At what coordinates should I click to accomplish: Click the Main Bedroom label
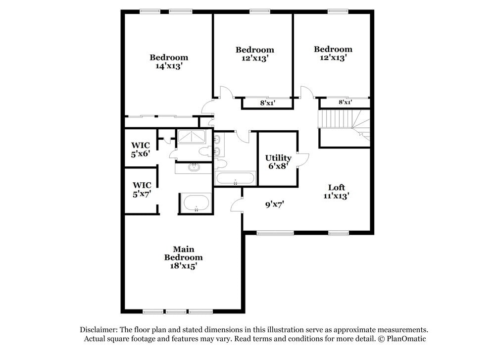pyautogui.click(x=183, y=253)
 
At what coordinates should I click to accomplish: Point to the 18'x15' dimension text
pyautogui.click(x=183, y=266)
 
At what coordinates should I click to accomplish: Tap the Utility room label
pyautogui.click(x=278, y=158)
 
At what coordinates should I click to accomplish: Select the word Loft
pyautogui.click(x=337, y=187)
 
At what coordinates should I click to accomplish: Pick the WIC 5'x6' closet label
pyautogui.click(x=140, y=150)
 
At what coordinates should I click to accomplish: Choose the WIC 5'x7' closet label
pyautogui.click(x=141, y=190)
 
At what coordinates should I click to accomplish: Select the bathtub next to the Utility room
pyautogui.click(x=236, y=179)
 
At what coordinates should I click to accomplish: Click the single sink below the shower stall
pyautogui.click(x=194, y=168)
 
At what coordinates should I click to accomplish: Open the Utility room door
pyautogui.click(x=303, y=158)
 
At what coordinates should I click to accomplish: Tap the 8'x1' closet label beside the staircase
pyautogui.click(x=345, y=103)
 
